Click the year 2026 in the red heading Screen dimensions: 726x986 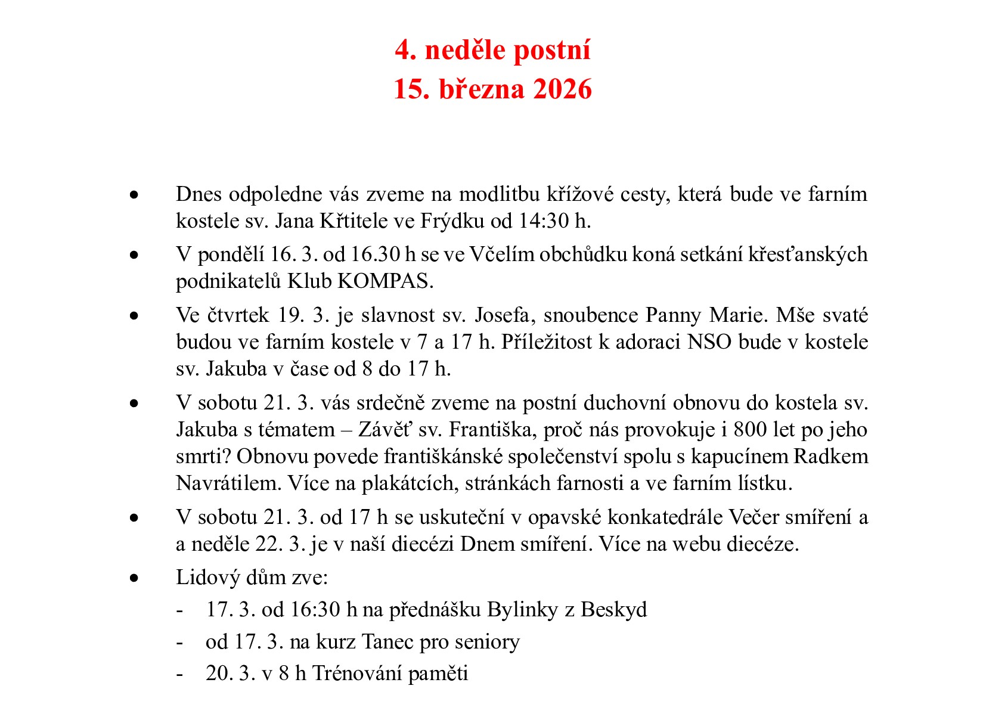562,89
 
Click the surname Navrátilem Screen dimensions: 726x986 228,483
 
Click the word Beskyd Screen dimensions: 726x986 613,609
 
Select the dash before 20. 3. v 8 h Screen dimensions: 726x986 179,674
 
